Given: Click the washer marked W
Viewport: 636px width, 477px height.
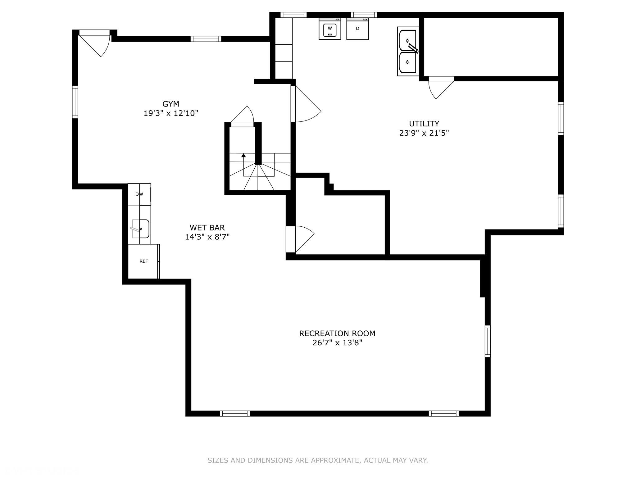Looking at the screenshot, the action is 330,29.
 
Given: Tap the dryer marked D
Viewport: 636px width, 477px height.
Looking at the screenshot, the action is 357,29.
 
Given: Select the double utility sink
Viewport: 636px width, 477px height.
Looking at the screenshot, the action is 408,51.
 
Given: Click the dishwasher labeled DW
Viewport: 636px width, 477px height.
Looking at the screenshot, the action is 139,194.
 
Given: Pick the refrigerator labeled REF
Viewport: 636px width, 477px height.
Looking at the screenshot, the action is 144,261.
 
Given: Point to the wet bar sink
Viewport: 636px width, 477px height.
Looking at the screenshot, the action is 140,229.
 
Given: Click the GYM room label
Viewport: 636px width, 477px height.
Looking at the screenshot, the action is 171,104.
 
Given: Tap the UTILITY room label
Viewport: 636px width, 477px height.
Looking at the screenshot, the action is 424,124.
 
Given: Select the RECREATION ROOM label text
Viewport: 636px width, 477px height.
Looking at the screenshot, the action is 337,334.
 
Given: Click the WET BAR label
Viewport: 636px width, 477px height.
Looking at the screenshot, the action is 207,228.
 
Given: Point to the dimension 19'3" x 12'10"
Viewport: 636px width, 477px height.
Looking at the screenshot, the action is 171,113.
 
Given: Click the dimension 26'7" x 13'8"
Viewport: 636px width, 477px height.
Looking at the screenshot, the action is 337,343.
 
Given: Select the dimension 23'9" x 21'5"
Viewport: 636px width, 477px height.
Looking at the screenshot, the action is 424,133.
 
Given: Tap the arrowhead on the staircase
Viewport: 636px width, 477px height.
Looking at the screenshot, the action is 243,155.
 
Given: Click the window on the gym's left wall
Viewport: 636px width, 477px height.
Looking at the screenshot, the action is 75,102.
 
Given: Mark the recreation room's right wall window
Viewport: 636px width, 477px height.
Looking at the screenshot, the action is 488,341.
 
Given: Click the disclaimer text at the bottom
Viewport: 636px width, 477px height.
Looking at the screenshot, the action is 318,460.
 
